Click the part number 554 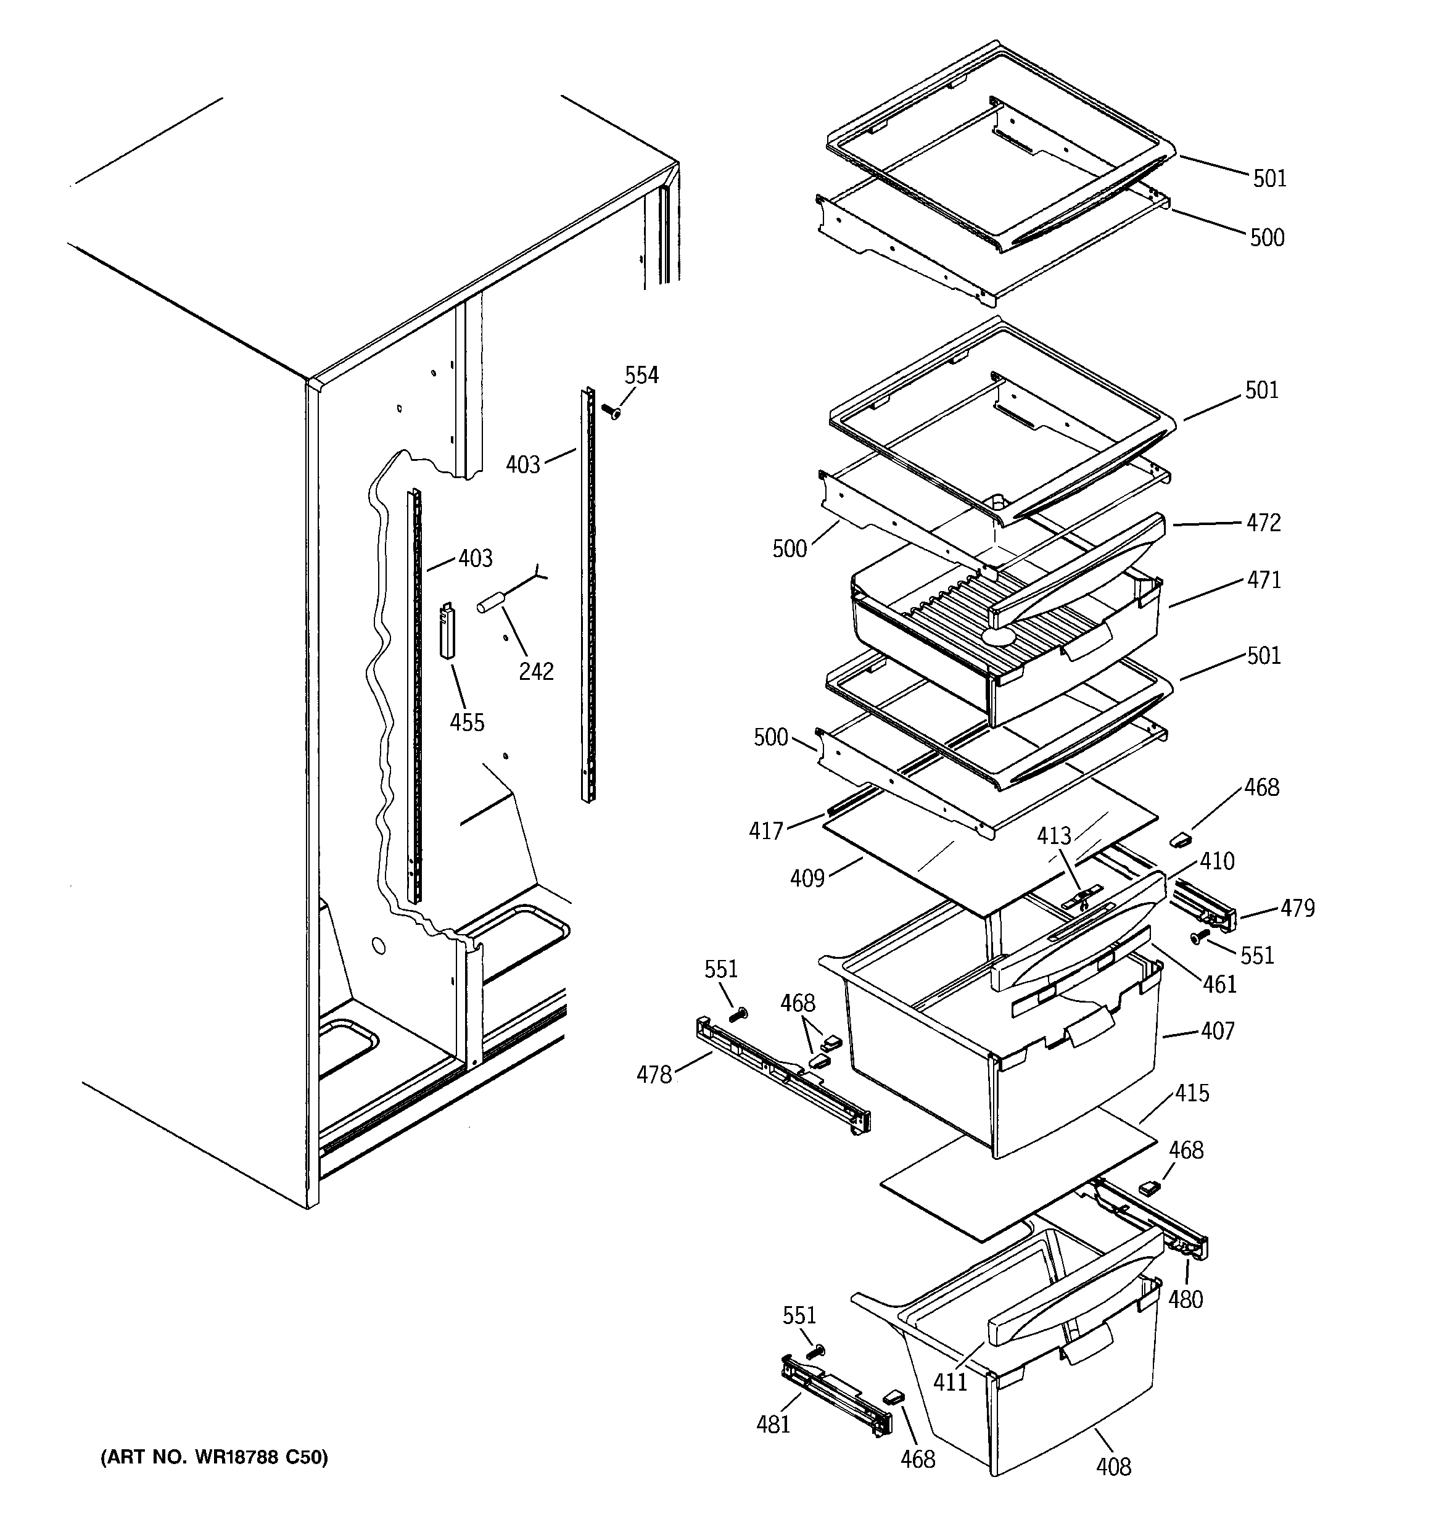[x=641, y=375]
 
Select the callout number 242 [x=535, y=671]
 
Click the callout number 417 [x=766, y=830]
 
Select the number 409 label [x=807, y=878]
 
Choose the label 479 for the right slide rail [x=1297, y=908]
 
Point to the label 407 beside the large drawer [x=1217, y=1030]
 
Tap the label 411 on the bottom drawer [x=949, y=1381]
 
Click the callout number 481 [x=773, y=1424]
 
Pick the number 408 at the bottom [x=1113, y=1467]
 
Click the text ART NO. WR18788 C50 [x=214, y=1457]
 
